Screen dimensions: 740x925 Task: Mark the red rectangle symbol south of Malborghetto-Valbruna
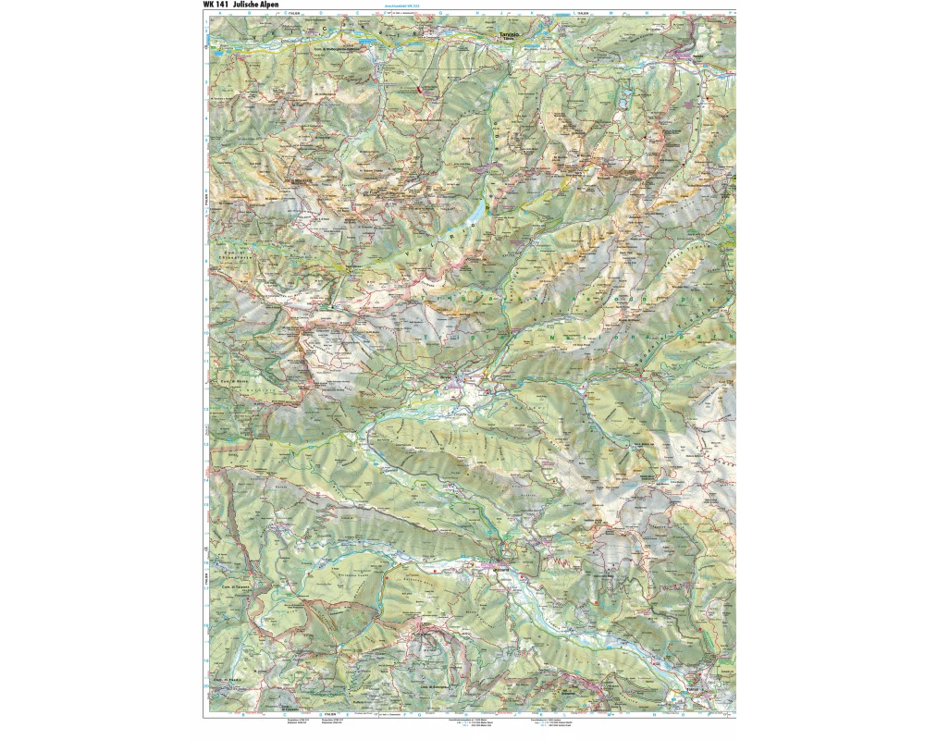point(419,90)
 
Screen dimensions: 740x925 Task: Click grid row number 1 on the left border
point(205,23)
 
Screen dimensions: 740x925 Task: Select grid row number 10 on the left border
point(205,332)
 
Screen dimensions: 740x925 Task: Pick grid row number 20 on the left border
point(205,686)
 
